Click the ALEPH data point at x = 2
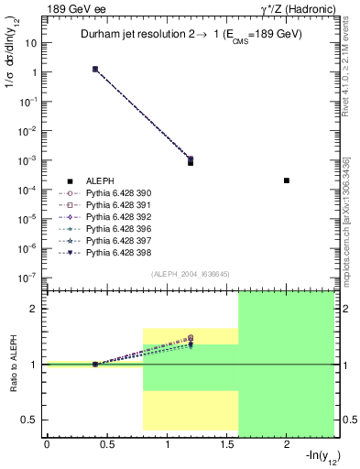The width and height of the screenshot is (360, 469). point(287,180)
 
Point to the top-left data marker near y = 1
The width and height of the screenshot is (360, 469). point(95,69)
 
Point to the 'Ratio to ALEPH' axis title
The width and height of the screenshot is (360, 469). point(14,364)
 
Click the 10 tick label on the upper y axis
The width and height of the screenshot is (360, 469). point(31,42)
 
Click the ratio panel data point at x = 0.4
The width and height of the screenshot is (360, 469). point(95,365)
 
